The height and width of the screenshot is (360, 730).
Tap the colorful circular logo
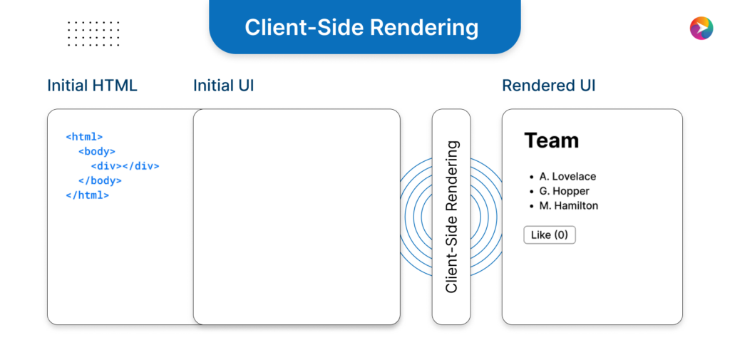coord(701,28)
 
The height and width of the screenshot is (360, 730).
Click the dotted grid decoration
coord(93,34)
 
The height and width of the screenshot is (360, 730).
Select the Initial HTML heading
coord(92,86)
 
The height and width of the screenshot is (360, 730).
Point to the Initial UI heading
coord(223,86)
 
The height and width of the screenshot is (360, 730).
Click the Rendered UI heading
coord(548,86)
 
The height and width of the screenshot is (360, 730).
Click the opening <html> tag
coord(84,136)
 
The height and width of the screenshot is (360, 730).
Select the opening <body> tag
coord(97,151)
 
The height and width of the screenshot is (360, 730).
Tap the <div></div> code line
coord(125,166)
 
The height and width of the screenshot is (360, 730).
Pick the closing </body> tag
coord(100,180)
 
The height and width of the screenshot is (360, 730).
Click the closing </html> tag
coord(87,195)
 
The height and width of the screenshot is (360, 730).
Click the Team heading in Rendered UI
coord(551,140)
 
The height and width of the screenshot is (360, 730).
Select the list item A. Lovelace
coord(567,176)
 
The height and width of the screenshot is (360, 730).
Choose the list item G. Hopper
coord(564,191)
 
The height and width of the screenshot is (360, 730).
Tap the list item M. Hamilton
coord(568,205)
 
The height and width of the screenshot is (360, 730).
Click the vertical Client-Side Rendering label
coord(451,217)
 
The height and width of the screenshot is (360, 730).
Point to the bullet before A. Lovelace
coord(531,177)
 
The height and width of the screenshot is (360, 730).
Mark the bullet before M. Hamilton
coord(531,206)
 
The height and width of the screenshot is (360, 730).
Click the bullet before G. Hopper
coord(531,192)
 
